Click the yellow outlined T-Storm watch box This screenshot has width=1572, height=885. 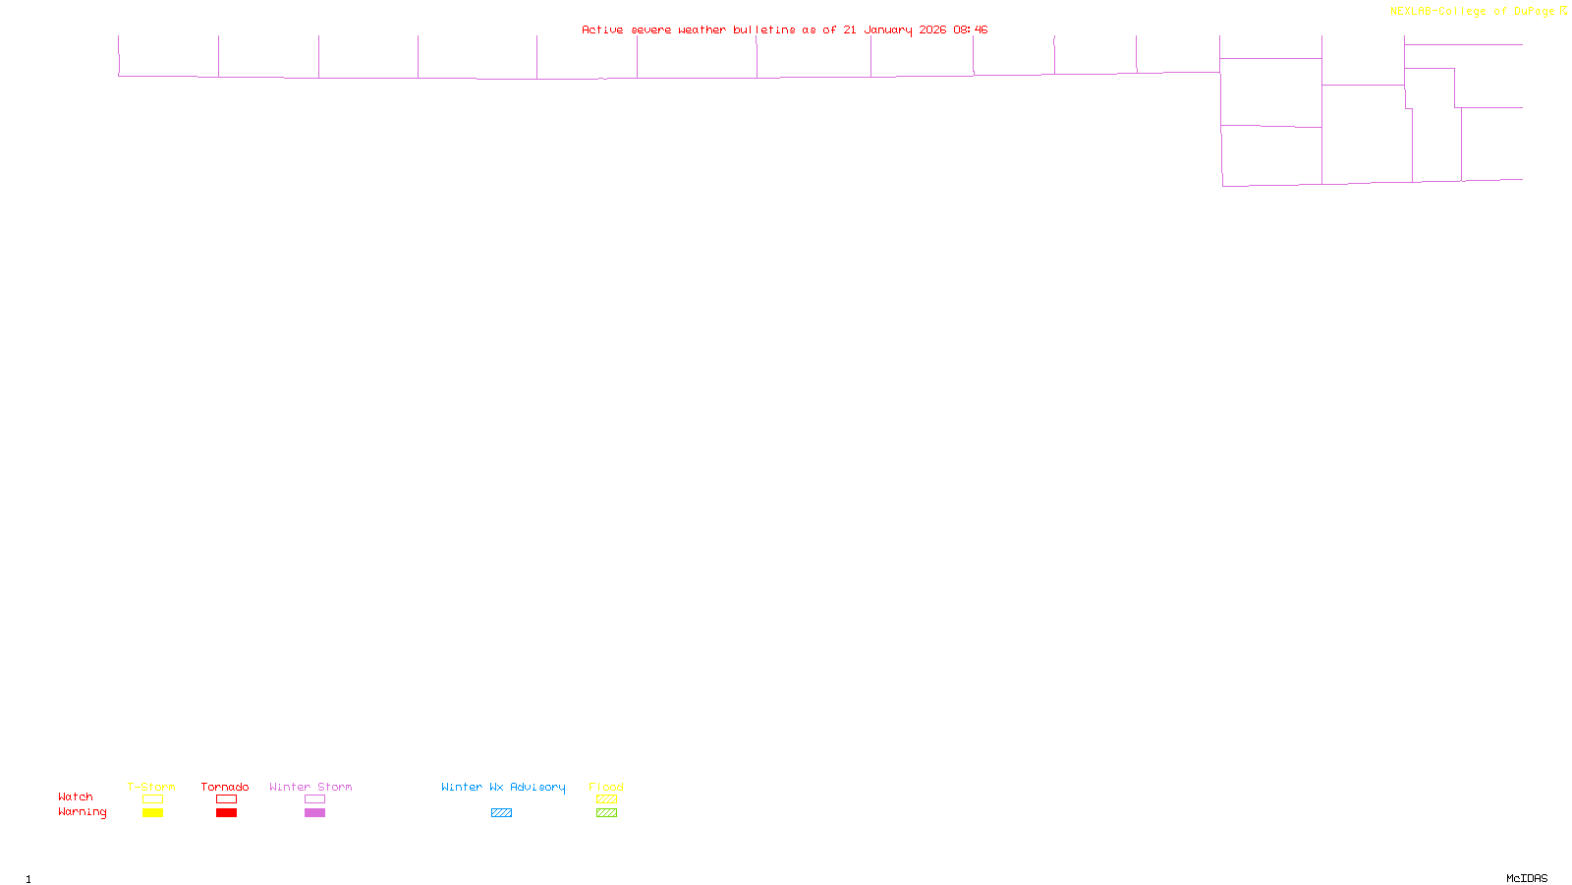[x=152, y=799]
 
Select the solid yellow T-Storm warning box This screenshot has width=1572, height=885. [x=152, y=813]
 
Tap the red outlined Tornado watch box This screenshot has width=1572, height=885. [x=226, y=799]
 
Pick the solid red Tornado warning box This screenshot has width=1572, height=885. [x=226, y=813]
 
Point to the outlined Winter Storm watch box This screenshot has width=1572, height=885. [x=314, y=799]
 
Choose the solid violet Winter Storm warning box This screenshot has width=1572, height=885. [x=314, y=813]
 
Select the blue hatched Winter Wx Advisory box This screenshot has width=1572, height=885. [x=501, y=813]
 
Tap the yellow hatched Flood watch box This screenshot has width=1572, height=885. [x=606, y=799]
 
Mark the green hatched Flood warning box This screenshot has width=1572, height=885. [x=606, y=813]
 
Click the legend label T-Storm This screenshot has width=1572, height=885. [x=151, y=787]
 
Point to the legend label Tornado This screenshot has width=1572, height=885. [x=225, y=787]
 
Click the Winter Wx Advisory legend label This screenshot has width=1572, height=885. [x=503, y=787]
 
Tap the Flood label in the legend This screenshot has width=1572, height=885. [x=606, y=787]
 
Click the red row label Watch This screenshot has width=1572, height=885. [x=76, y=796]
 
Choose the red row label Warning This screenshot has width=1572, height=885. [x=82, y=812]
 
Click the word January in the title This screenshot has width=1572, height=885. [x=887, y=29]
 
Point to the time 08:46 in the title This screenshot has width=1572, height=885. [x=970, y=29]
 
